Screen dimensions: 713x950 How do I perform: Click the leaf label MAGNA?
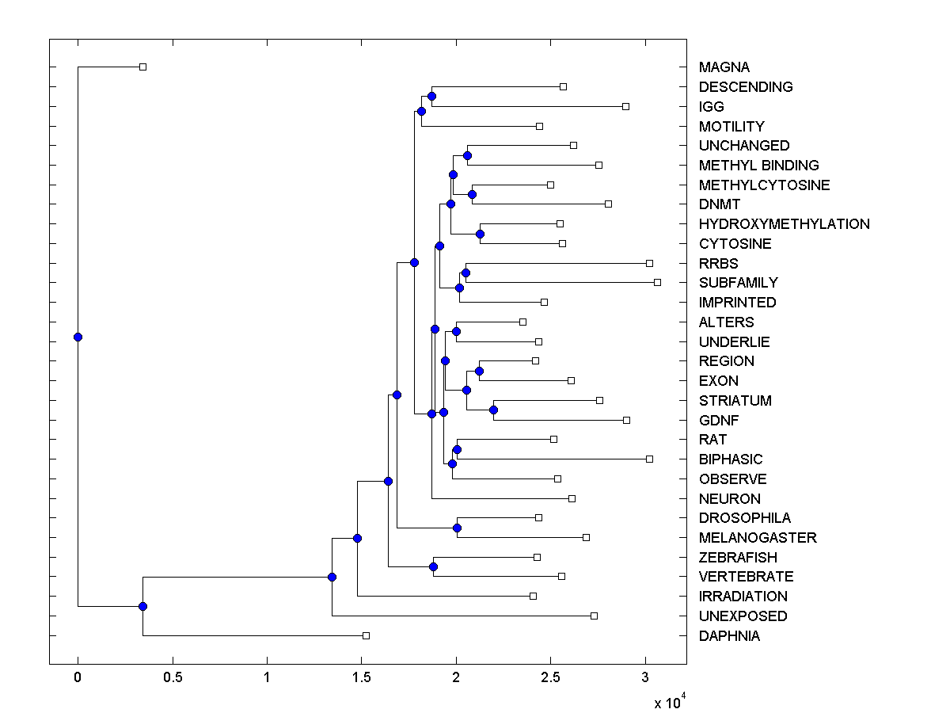coord(724,67)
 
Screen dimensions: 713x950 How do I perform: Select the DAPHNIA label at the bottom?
coord(729,636)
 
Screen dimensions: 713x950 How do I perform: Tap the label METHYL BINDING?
coord(758,166)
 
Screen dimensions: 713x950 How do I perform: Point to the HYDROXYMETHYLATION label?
coord(784,224)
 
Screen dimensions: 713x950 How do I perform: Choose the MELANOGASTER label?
coord(758,538)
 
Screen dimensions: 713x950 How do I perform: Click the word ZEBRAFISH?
coord(738,558)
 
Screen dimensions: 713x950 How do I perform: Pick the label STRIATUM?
coord(735,401)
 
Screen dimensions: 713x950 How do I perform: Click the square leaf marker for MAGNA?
coord(142,67)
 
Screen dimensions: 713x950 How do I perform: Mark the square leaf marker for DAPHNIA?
coord(366,635)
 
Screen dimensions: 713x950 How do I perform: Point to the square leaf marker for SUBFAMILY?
coord(657,282)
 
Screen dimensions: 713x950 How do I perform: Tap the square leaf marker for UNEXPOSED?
coord(594,616)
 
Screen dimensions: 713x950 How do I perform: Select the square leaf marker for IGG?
coord(625,106)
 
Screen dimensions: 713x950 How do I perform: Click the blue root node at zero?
coord(78,337)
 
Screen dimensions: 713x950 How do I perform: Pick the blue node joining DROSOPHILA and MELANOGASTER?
coord(457,528)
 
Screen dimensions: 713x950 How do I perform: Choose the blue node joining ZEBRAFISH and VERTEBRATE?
coord(433,566)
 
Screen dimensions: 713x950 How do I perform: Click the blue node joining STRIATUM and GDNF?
coord(493,410)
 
